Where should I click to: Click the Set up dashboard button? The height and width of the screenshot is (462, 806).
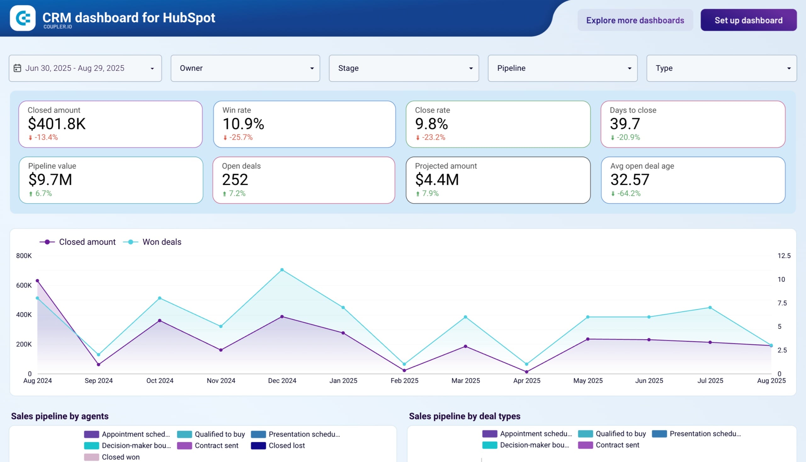coord(748,20)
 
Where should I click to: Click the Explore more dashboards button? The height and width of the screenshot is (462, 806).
coord(635,20)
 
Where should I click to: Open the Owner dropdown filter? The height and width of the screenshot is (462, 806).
coord(245,68)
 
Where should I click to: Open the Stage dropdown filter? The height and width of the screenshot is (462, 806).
coord(404,68)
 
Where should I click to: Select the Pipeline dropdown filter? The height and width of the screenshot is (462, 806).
coord(562,68)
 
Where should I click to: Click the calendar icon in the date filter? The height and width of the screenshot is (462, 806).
coord(17,68)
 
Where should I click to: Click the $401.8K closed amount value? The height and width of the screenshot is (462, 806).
coord(57,124)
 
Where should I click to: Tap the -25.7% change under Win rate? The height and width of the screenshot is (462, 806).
coord(241,138)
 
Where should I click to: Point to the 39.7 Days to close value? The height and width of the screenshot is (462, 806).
coord(624,124)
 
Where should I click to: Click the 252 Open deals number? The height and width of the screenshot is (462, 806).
coord(235,180)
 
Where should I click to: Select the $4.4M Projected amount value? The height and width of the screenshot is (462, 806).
coord(437,180)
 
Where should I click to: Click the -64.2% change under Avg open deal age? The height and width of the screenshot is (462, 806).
coord(628,193)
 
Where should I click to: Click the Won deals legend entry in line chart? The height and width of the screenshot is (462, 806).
coord(161,242)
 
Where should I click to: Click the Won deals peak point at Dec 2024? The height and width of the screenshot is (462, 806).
coord(282,270)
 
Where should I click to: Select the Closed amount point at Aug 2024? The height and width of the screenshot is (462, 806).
coord(37,280)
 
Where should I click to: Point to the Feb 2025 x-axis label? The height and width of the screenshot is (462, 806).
coord(404,380)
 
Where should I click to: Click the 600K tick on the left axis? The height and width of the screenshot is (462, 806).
coord(24,285)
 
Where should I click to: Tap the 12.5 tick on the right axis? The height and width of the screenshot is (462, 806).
coord(784,256)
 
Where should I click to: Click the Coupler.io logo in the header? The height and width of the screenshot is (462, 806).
coord(23,18)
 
